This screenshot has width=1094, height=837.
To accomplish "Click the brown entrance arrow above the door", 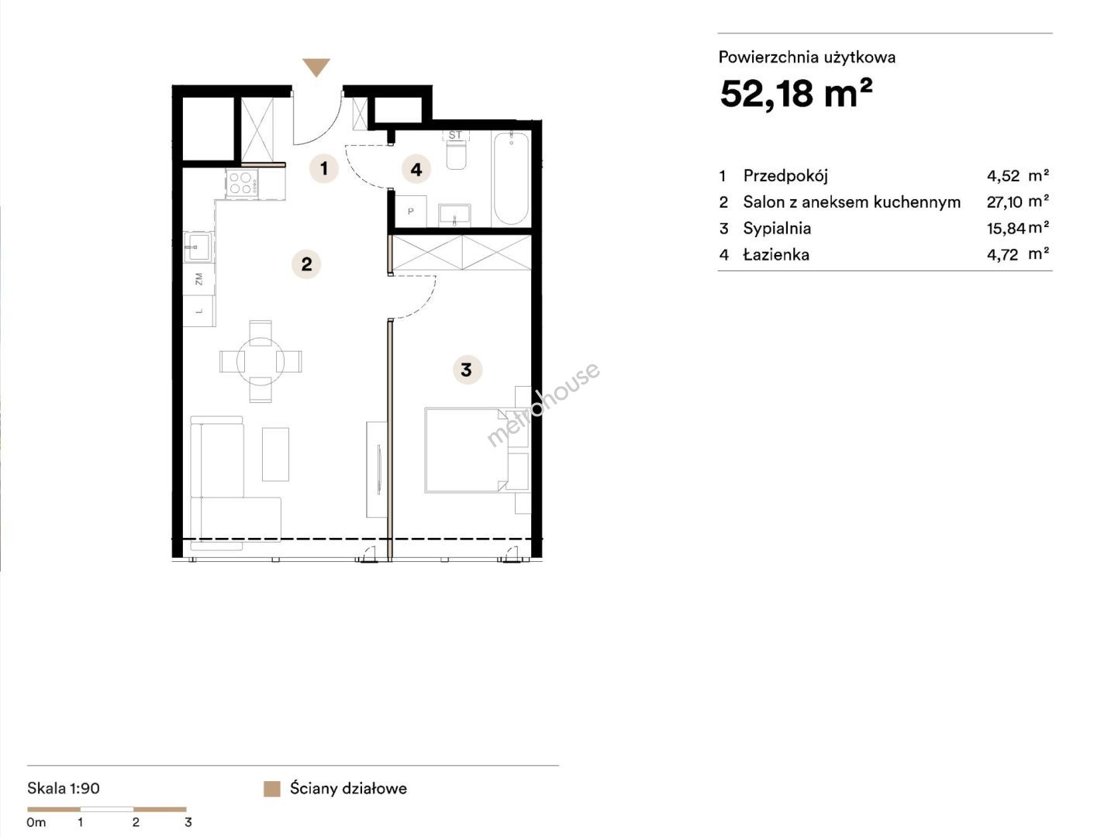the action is point(316,67).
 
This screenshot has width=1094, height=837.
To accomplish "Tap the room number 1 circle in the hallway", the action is point(324,168).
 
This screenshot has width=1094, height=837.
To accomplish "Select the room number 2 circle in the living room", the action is point(306,264).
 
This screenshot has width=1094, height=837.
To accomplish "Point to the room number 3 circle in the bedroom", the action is point(467,370).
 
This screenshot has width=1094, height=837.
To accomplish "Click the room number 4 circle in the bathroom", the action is point(416,170).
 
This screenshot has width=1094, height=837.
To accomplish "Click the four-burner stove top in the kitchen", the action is point(242,182).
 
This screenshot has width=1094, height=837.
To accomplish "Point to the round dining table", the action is point(261,361).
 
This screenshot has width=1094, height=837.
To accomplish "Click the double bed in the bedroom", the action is point(467,450).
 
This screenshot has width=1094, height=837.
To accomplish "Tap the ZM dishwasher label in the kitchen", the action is point(198,279).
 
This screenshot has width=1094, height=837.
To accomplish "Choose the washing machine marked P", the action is point(411,212).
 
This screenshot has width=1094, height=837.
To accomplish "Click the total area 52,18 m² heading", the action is point(796,94).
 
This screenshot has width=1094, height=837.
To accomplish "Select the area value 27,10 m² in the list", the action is point(1018,201).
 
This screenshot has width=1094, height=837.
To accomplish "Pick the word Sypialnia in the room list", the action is point(777,229).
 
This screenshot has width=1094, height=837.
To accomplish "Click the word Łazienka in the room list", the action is point(776,254).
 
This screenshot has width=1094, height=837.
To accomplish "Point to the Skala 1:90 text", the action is point(64,789).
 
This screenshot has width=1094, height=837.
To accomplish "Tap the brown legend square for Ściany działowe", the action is point(271,789).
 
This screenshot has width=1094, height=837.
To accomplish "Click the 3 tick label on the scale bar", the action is point(188,822).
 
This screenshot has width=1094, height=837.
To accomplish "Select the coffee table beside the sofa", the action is point(275,454).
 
